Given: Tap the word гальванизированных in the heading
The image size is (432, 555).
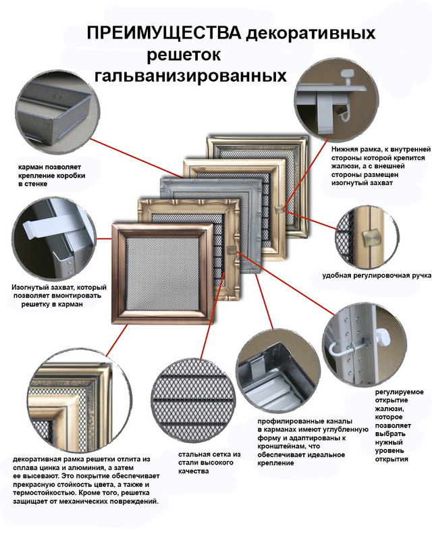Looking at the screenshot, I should (190, 74).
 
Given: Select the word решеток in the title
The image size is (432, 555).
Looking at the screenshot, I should (183, 54).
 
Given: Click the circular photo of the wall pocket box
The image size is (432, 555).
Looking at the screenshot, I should (56, 115).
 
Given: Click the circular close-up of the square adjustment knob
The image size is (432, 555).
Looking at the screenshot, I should (370, 236).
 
